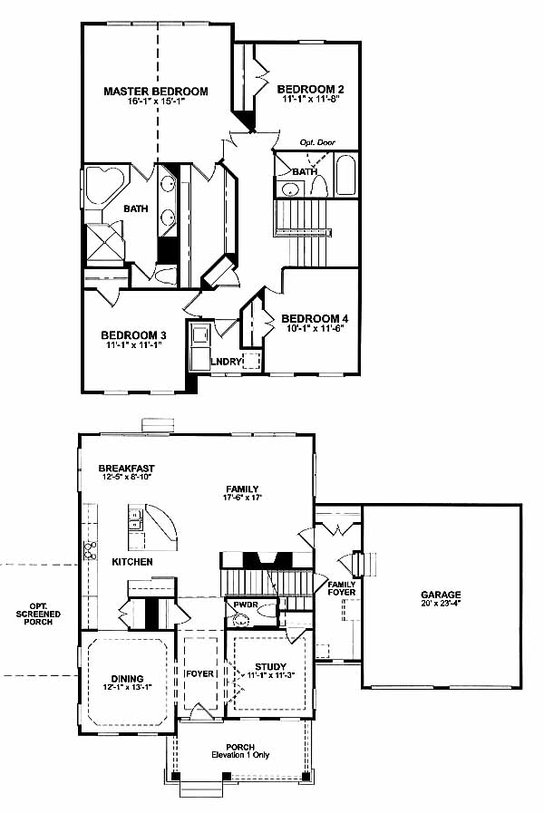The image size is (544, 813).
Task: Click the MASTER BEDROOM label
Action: [x=156, y=92]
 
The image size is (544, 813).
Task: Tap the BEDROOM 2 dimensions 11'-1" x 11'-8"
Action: [x=311, y=99]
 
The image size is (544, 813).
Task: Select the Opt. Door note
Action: [x=317, y=142]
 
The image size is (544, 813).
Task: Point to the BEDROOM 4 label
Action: [x=315, y=318]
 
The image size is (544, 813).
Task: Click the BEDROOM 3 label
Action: [x=134, y=335]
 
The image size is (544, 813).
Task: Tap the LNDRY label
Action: [x=226, y=362]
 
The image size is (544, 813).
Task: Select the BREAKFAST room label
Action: [x=127, y=469]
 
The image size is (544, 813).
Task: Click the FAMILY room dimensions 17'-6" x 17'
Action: [x=242, y=498]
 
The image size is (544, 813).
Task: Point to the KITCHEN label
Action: [x=132, y=562]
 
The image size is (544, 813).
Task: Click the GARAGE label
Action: [x=441, y=595]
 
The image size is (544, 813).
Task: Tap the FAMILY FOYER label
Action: [x=342, y=588]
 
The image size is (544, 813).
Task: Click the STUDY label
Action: [x=271, y=667]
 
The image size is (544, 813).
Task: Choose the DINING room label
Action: [x=128, y=679]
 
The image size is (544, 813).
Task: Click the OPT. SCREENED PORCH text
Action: [x=38, y=614]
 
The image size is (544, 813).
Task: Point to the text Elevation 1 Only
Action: [x=240, y=755]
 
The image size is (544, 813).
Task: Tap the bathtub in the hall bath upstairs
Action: [x=346, y=175]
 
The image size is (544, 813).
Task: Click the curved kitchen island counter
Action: [x=161, y=527]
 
